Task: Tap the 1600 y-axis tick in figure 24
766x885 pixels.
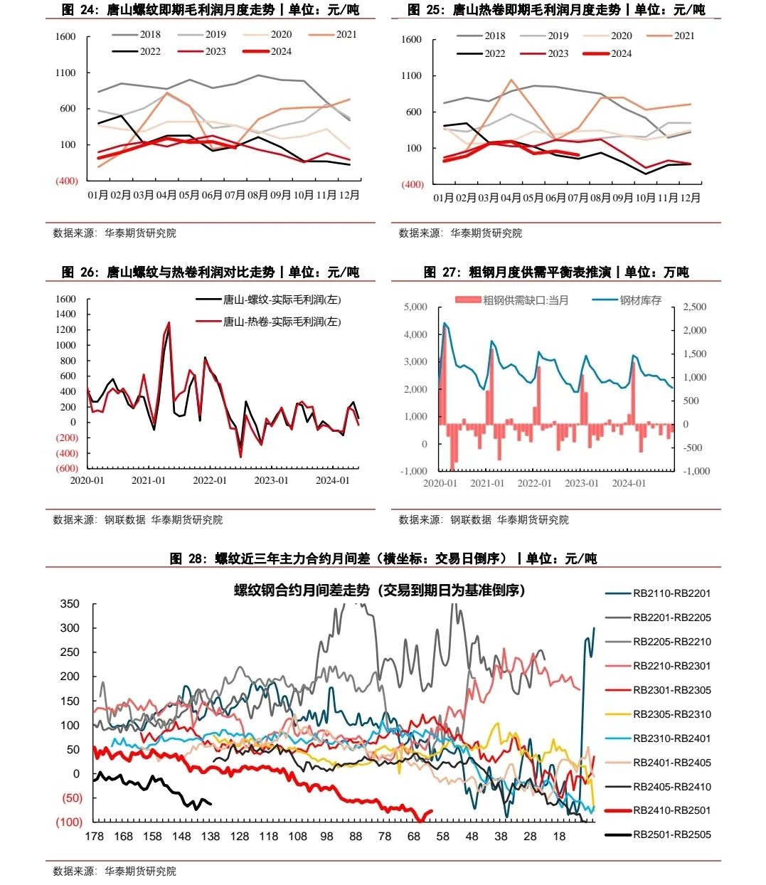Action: point(65,37)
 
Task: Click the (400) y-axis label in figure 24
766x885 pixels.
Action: point(67,181)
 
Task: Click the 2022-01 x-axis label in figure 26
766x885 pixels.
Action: point(210,480)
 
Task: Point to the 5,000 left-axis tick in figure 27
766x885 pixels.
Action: point(415,307)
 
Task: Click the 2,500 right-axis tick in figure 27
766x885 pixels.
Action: point(695,307)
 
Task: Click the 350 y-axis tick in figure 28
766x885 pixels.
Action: point(70,604)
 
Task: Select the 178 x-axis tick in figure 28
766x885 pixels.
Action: point(94,836)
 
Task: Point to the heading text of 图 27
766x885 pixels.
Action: point(555,272)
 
